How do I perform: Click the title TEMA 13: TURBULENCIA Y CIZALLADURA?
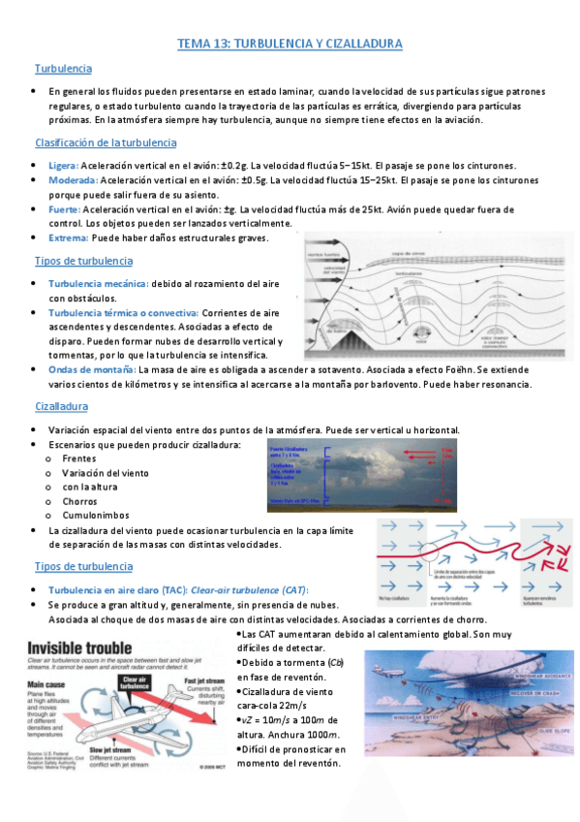pos(290,45)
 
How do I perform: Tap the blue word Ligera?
pos(63,166)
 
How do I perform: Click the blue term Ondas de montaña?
pos(92,369)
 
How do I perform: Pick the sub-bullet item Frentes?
pos(78,458)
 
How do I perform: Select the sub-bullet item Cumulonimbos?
pos(95,516)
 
